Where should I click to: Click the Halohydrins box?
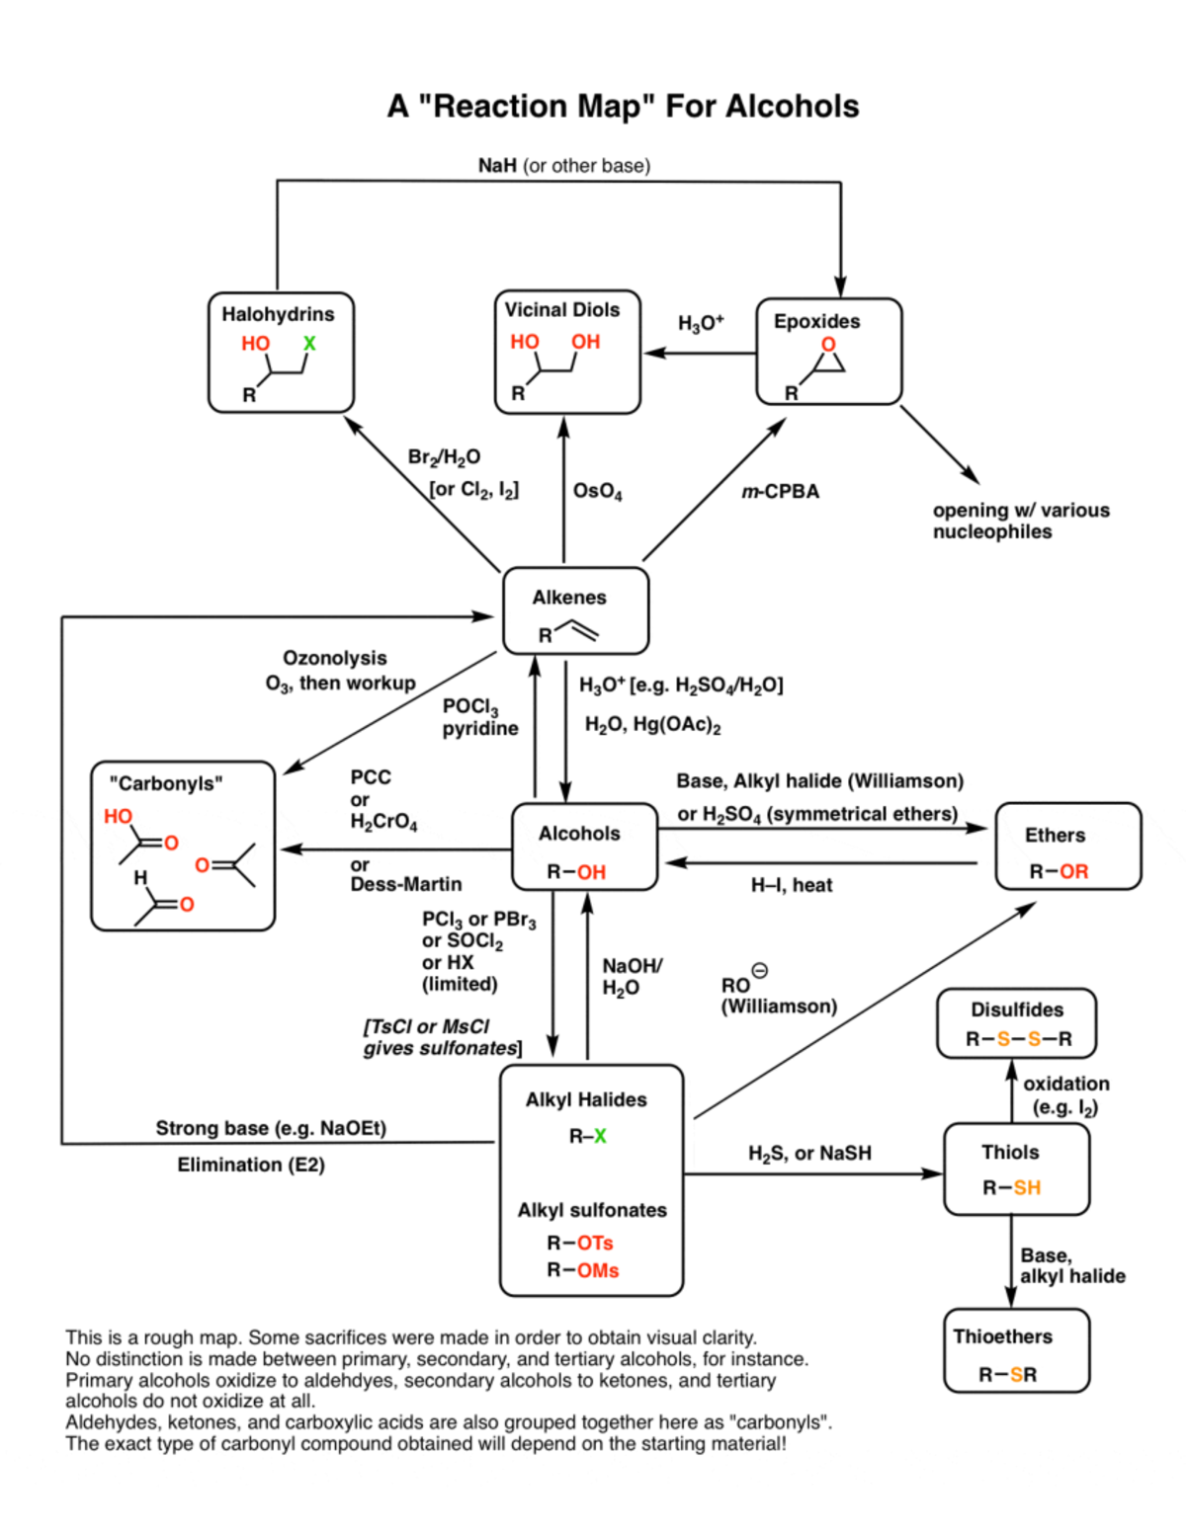[281, 352]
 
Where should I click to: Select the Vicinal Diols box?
[567, 352]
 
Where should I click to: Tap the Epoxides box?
[828, 352]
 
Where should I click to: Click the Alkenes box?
[575, 610]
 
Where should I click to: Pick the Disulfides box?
[1016, 1023]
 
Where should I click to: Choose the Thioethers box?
[1016, 1351]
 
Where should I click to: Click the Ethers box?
[1067, 847]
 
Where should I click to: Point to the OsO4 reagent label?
[597, 491]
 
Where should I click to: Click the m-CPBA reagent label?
[780, 491]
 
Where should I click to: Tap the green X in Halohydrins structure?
[309, 343]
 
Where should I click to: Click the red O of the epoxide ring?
[828, 344]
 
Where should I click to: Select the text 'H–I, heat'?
[791, 885]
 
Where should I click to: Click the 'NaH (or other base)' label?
[563, 165]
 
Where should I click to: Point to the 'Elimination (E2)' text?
[251, 1165]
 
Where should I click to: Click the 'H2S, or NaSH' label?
[809, 1153]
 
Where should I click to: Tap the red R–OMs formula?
[583, 1270]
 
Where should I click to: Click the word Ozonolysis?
[334, 658]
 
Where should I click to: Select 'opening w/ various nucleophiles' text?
[1020, 521]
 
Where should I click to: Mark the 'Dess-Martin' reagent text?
[405, 884]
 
